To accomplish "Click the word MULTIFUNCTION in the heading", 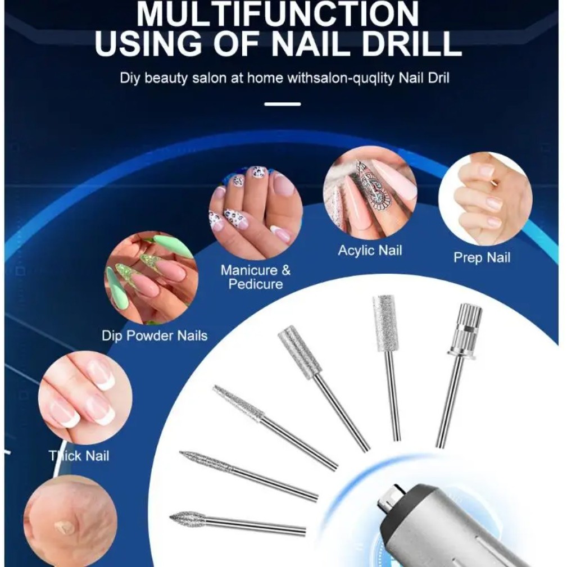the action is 278,13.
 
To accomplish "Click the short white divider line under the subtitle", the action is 283,104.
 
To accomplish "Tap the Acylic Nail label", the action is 370,251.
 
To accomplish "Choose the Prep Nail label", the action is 482,258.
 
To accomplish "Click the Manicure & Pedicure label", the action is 256,277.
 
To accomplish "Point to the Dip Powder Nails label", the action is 155,335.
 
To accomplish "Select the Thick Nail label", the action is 79,456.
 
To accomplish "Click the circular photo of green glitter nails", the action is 151,278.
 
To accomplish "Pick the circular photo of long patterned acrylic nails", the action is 370,193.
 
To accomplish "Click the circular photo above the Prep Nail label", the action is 486,199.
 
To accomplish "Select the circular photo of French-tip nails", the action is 85,398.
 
